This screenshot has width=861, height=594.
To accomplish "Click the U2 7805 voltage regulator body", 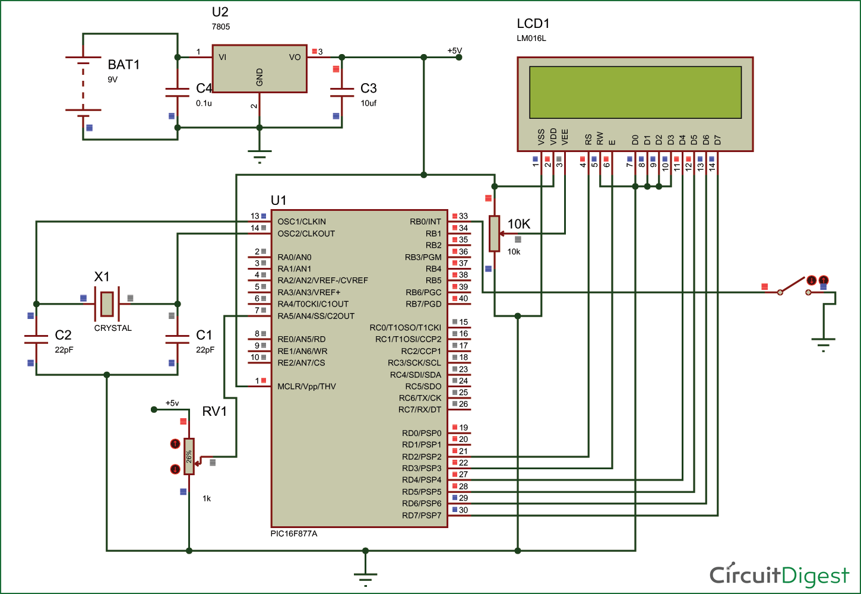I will [259, 69].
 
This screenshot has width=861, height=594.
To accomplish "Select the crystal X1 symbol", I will [107, 304].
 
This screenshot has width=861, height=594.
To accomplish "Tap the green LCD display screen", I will [635, 92].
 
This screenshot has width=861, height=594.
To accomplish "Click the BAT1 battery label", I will [124, 65].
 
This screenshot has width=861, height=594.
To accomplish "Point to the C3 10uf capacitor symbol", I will [342, 92].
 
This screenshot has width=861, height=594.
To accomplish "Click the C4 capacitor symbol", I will [178, 92].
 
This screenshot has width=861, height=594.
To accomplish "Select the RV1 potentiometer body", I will [189, 456].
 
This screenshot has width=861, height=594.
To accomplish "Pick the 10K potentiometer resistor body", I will [494, 233].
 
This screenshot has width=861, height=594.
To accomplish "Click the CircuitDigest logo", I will [779, 575].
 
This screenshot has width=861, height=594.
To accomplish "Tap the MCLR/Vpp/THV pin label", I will [306, 387].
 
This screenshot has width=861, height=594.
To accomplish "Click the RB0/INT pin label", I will [425, 222].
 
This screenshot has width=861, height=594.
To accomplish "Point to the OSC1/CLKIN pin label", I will [302, 222].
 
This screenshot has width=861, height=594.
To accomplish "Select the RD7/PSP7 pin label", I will [422, 516].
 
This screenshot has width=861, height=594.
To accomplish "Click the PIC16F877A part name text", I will [294, 534].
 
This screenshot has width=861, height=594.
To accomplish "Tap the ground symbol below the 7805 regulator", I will [259, 156].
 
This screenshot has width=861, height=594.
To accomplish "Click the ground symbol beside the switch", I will [823, 343].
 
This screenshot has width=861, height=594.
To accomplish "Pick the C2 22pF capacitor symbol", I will [36, 339].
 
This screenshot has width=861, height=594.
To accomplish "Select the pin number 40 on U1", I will [463, 299].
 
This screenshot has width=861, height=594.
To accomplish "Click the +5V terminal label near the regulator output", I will [454, 51].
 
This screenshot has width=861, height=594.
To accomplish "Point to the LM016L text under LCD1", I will [531, 39].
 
